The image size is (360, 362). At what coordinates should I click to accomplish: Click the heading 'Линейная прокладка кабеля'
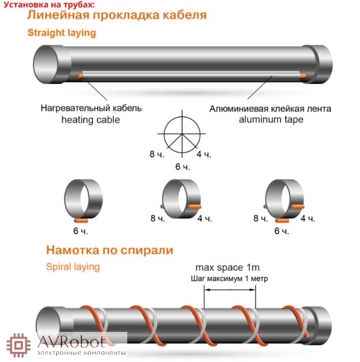click(117, 15)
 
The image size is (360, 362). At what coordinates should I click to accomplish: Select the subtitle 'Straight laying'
click(62, 33)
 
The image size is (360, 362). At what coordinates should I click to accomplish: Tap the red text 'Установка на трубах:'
click(49, 5)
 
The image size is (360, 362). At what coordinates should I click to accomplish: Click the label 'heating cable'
click(90, 120)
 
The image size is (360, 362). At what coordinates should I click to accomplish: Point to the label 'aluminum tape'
click(271, 119)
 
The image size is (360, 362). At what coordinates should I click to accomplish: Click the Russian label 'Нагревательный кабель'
click(91, 108)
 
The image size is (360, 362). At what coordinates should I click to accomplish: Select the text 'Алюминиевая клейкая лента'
click(270, 109)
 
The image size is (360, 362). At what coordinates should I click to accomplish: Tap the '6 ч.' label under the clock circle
click(183, 167)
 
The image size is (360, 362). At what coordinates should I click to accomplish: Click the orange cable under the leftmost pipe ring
click(81, 221)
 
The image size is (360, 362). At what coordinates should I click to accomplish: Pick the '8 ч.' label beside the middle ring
click(157, 218)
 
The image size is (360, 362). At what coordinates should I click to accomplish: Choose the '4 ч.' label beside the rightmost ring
click(308, 218)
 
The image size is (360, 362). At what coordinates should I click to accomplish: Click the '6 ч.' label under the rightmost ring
click(282, 230)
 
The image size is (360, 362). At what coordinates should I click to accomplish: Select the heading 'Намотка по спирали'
click(110, 250)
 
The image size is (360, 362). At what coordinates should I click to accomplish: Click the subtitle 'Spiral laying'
click(73, 267)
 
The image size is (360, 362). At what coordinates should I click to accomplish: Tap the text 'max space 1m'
click(227, 267)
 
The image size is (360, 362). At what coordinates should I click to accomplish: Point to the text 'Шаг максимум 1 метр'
click(229, 279)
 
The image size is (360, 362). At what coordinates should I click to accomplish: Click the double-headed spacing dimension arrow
click(230, 290)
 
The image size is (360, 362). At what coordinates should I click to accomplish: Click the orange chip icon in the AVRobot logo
click(19, 346)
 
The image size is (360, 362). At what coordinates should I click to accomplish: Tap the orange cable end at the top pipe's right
click(303, 76)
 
